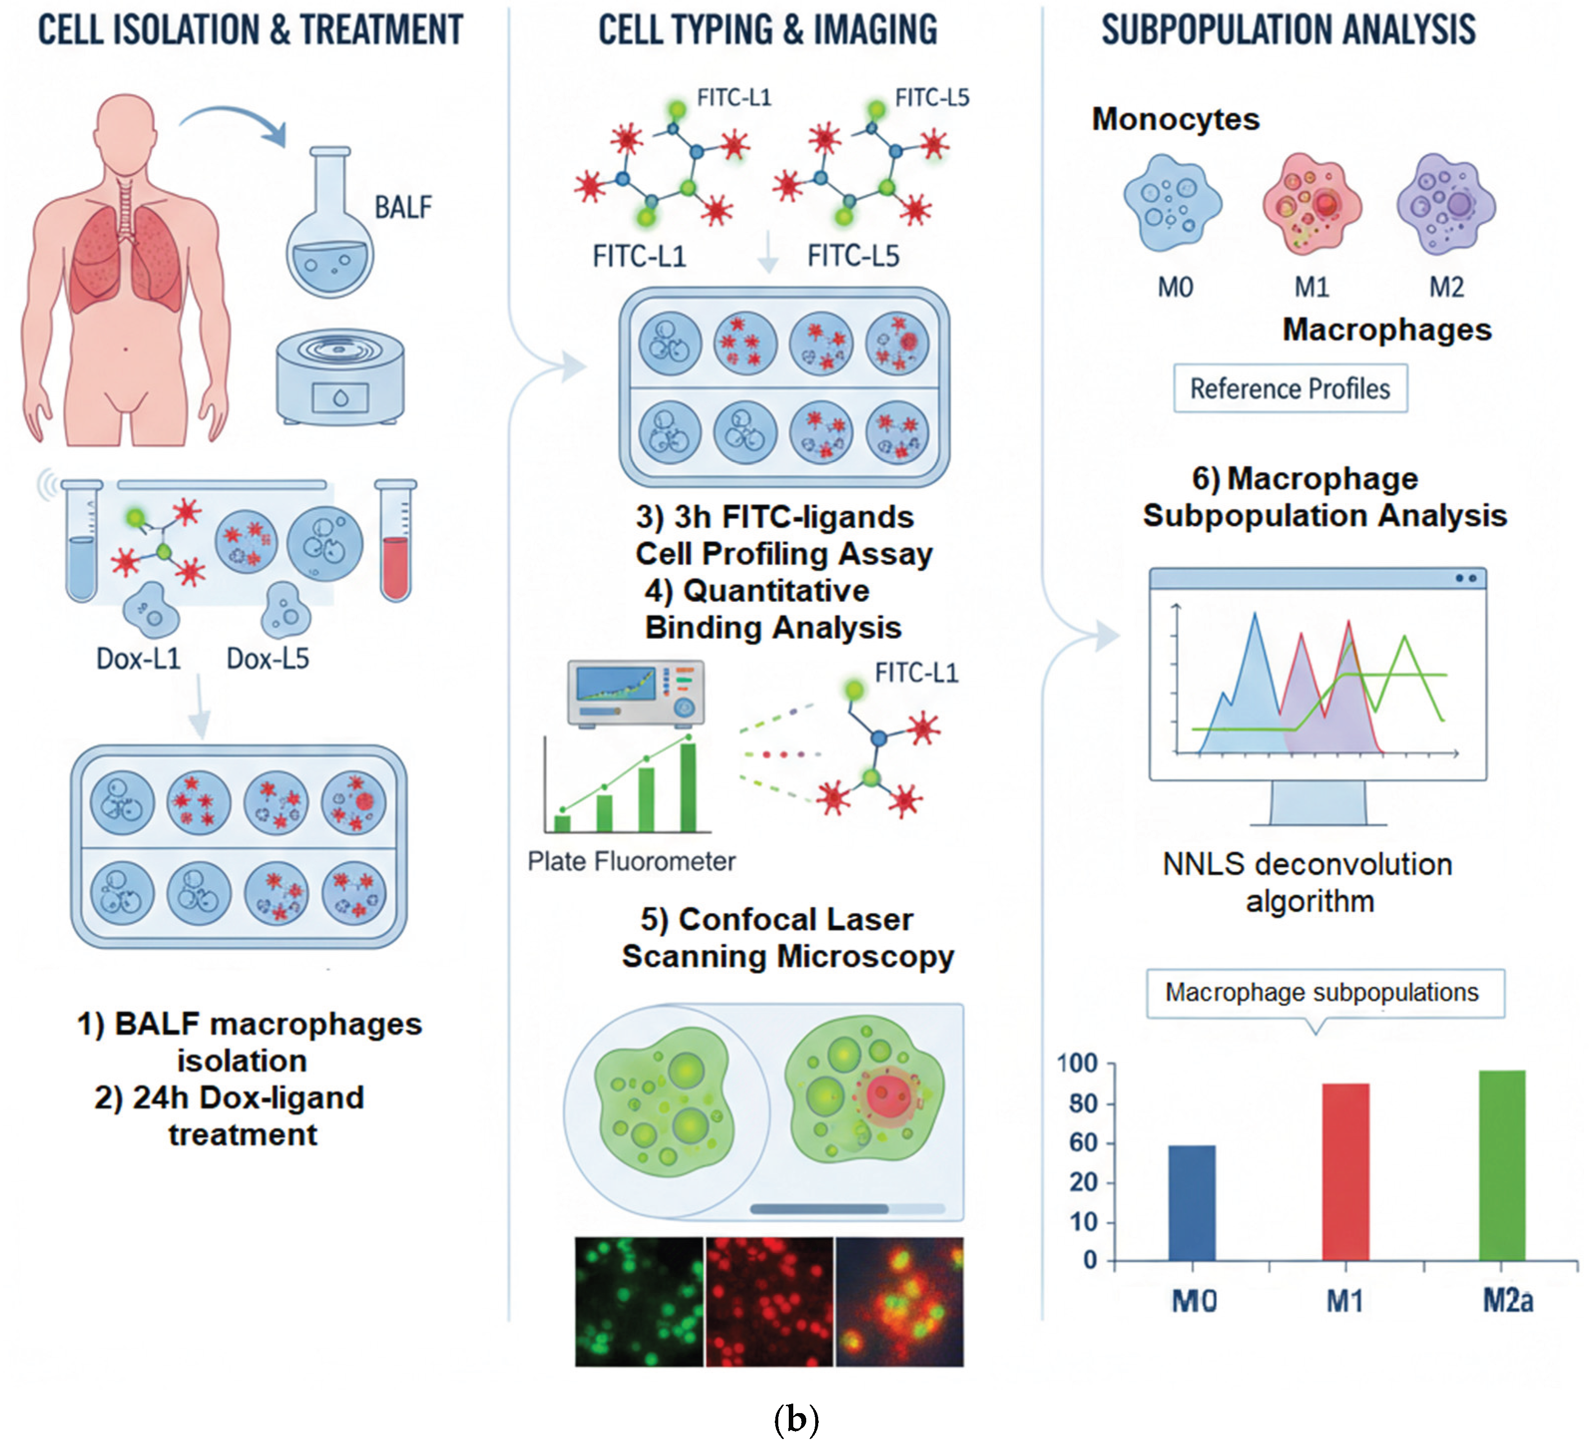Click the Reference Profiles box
coord(1290,388)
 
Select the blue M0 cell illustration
coord(1173,203)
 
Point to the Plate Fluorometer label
coord(631,861)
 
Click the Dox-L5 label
coord(268,658)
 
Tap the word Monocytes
coord(1175,119)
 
